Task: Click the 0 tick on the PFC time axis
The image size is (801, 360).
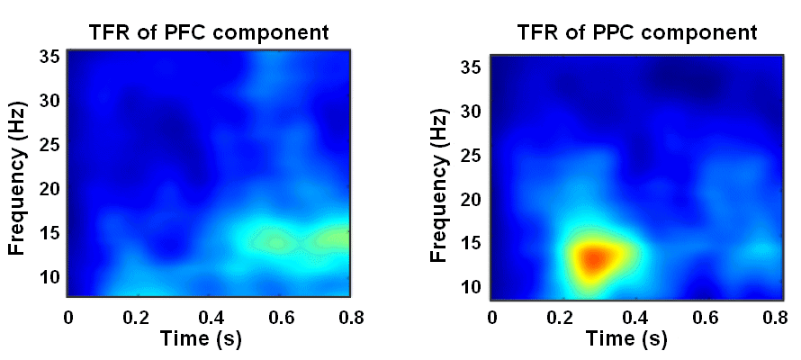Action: click(x=68, y=317)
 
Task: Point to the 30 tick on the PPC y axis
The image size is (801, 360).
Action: click(x=470, y=112)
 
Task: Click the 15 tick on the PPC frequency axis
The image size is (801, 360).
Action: click(x=470, y=244)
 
